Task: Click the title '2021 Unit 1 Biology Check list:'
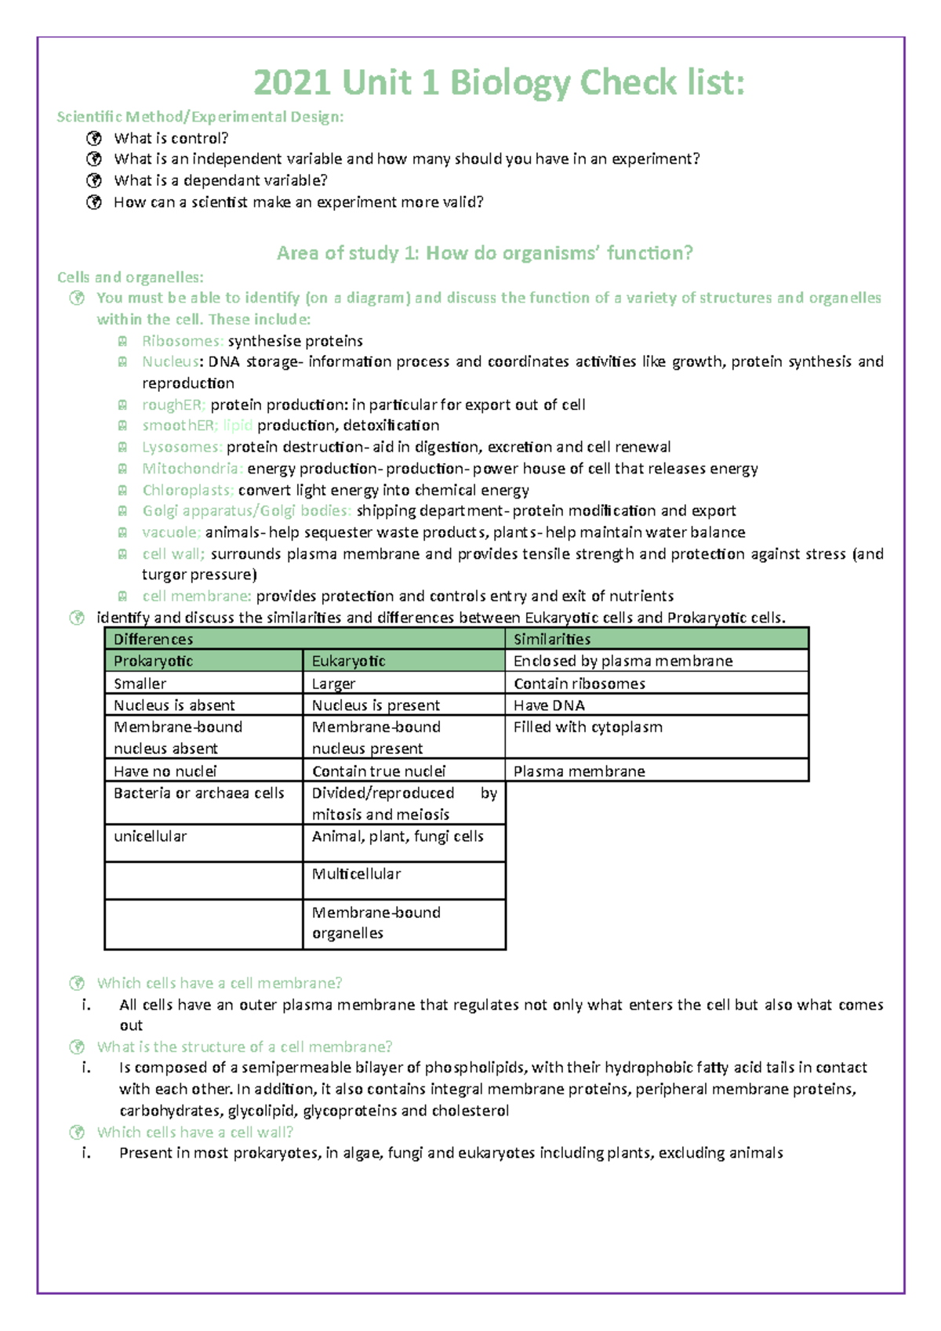click(499, 82)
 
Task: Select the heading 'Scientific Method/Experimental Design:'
click(200, 117)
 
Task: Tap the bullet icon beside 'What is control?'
click(94, 139)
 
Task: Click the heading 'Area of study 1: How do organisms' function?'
click(485, 253)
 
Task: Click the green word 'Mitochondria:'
click(192, 469)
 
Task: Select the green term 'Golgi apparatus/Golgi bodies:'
click(246, 511)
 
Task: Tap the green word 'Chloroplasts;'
click(187, 490)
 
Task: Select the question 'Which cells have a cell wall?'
click(194, 1132)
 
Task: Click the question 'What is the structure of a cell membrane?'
click(244, 1047)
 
